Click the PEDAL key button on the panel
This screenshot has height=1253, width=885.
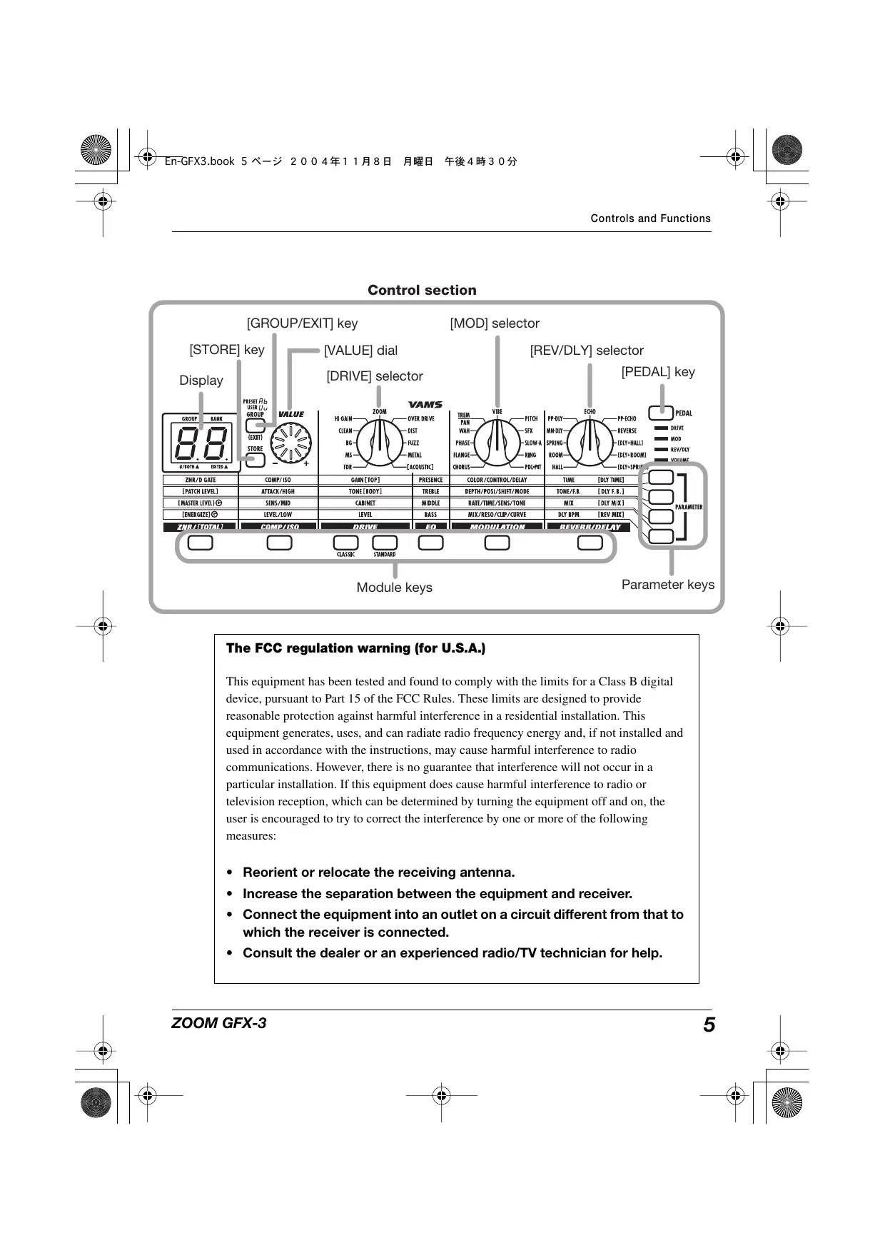[x=661, y=413]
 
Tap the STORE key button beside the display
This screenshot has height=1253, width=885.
[x=256, y=460]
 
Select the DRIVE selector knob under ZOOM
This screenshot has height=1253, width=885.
[x=379, y=443]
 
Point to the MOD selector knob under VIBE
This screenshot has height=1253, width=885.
[x=497, y=443]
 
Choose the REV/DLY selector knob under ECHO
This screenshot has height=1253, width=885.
[x=590, y=443]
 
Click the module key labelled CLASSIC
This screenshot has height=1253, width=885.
[x=346, y=543]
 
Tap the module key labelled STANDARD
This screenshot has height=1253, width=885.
[x=385, y=543]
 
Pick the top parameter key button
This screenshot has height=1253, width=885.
[x=662, y=477]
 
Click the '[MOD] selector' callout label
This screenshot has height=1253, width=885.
[x=495, y=323]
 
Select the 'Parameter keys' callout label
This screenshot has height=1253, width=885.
[x=667, y=585]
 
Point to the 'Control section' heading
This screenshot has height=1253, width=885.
[x=422, y=290]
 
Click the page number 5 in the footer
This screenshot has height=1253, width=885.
[x=708, y=1025]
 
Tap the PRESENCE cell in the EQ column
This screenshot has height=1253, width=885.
[x=430, y=480]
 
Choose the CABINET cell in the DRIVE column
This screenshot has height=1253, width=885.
[x=365, y=503]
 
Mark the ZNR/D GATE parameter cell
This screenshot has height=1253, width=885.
[x=201, y=480]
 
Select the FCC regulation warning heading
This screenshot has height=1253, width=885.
[x=355, y=648]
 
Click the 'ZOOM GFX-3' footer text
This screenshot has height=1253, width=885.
[x=218, y=1023]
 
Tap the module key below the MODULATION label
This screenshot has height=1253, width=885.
[x=497, y=543]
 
